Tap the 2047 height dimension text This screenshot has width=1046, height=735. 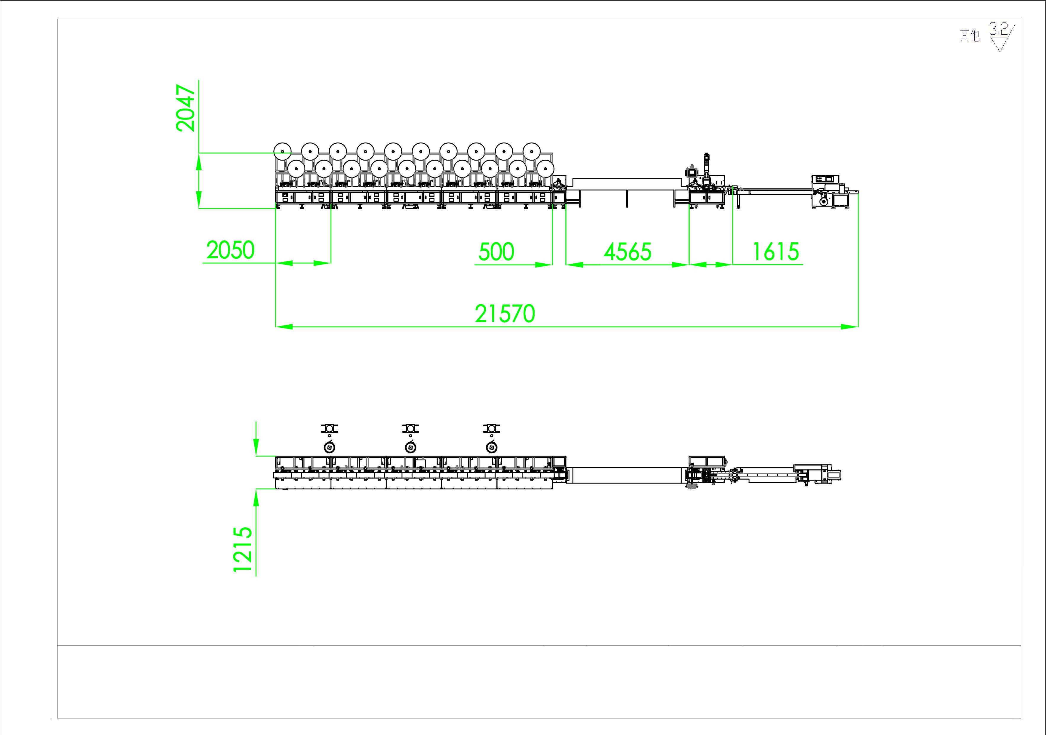pyautogui.click(x=186, y=108)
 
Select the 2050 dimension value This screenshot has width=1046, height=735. pyautogui.click(x=230, y=250)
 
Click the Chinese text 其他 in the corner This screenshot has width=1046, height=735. pyautogui.click(x=970, y=35)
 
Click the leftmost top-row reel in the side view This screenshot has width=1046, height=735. pyautogui.click(x=283, y=151)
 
